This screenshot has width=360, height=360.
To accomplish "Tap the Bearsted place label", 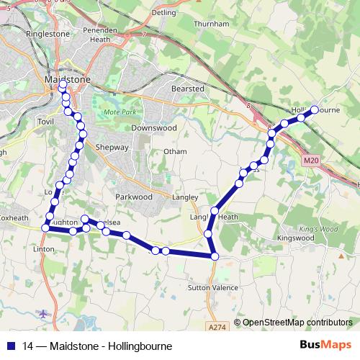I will click(x=188, y=89).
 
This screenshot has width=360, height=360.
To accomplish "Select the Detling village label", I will click(x=164, y=12).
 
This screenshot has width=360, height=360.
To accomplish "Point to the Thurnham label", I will click(x=212, y=24).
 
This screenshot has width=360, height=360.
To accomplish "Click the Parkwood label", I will click(x=134, y=196).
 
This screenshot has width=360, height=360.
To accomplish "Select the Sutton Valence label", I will click(x=212, y=287).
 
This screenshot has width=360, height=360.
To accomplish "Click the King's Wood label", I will click(x=313, y=229).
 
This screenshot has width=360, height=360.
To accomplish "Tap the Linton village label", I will click(x=44, y=248).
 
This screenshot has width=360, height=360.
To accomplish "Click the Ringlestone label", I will click(x=47, y=34).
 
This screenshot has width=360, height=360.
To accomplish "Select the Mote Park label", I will click(x=119, y=113).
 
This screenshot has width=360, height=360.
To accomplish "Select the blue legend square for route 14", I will click(x=11, y=346).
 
